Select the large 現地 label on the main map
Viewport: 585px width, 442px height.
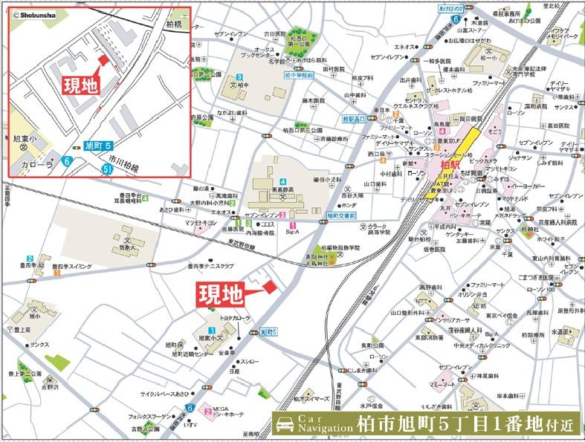pos(219,295)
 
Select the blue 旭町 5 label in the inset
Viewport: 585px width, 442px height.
pos(97,145)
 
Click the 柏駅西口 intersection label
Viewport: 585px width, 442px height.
pos(355,119)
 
